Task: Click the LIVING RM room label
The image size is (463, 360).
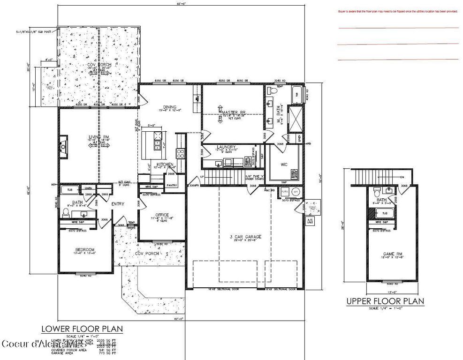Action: [x=99, y=137]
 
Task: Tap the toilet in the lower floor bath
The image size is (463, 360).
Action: [x=66, y=212]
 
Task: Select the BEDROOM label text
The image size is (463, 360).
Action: [x=85, y=249]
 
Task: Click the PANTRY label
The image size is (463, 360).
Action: [x=172, y=185]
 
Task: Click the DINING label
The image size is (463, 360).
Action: [x=169, y=106]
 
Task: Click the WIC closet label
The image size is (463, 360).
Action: [x=284, y=165]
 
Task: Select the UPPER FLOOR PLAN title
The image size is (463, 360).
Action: [x=385, y=301]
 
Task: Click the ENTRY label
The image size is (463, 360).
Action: [x=117, y=204]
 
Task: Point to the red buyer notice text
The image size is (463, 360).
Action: [x=397, y=12]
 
